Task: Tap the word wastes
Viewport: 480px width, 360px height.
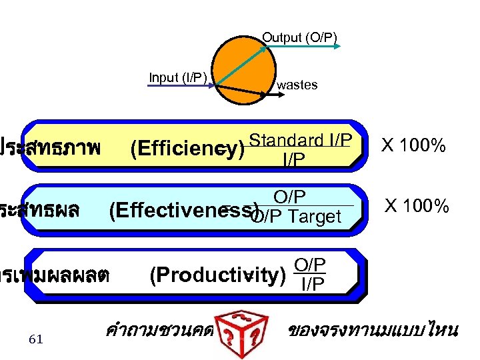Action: pyautogui.click(x=297, y=85)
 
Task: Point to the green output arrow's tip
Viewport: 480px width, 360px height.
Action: pyautogui.click(x=341, y=46)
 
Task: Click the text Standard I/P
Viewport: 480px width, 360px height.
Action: pyautogui.click(x=300, y=141)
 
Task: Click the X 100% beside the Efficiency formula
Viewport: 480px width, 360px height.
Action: pyautogui.click(x=413, y=145)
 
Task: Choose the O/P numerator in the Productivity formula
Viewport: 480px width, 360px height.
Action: pyautogui.click(x=310, y=265)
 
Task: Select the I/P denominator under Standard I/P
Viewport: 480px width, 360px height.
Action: pyautogui.click(x=294, y=159)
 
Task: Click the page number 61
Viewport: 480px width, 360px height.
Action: pyautogui.click(x=36, y=339)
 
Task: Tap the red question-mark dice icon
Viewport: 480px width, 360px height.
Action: pyautogui.click(x=243, y=329)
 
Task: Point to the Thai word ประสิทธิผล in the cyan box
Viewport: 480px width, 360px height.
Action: pyautogui.click(x=40, y=211)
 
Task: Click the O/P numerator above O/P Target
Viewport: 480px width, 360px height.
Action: pyautogui.click(x=290, y=197)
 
